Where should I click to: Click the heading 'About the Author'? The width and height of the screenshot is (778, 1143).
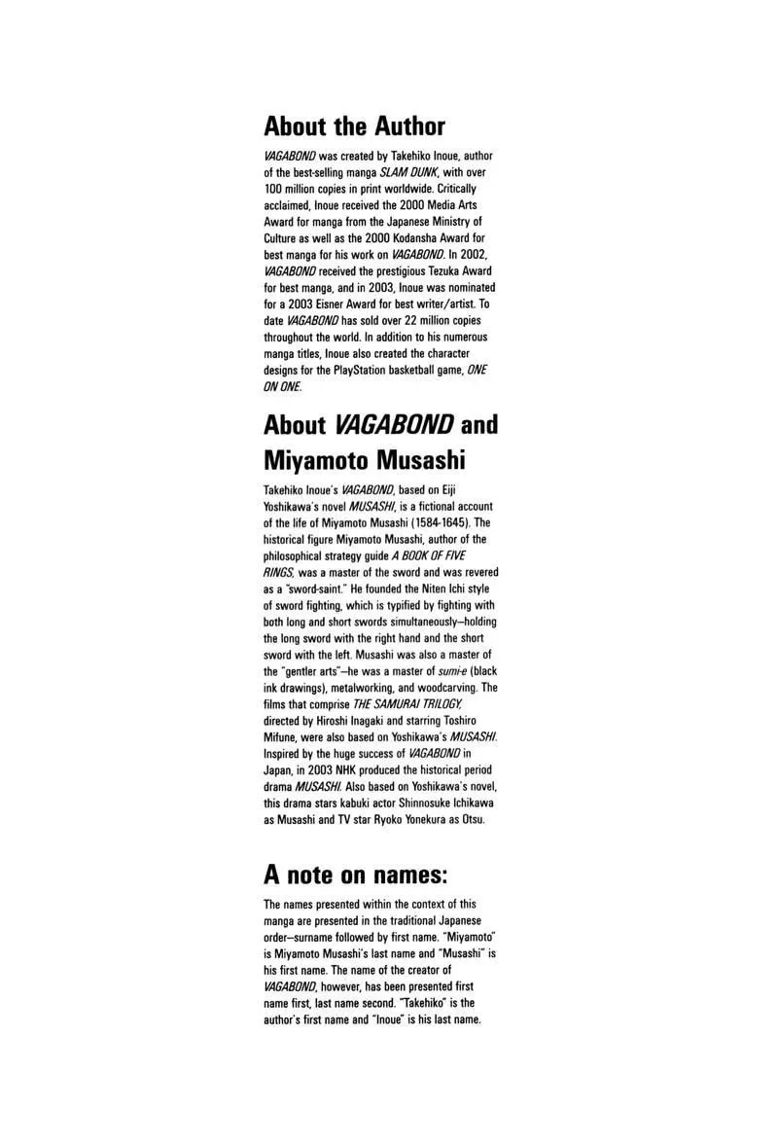pyautogui.click(x=354, y=126)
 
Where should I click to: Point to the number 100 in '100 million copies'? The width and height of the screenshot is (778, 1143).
pyautogui.click(x=273, y=188)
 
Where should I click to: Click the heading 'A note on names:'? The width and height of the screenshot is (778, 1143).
pyautogui.click(x=356, y=875)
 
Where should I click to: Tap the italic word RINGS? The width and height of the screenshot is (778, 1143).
pyautogui.click(x=280, y=572)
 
